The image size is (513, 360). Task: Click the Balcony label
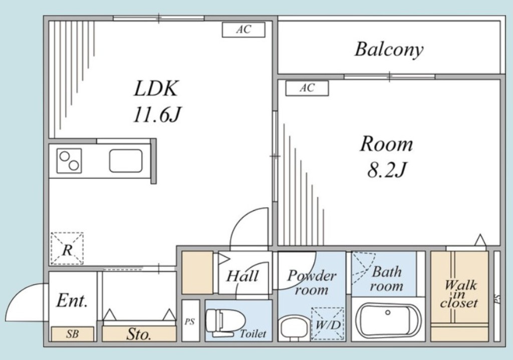click(389, 50)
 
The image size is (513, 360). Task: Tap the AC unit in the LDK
click(244, 30)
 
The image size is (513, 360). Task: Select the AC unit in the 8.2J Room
click(307, 88)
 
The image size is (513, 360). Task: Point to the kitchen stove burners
click(69, 161)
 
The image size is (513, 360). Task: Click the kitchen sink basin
click(126, 161)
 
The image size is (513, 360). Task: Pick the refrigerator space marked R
click(67, 248)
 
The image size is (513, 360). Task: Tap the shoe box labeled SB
click(72, 334)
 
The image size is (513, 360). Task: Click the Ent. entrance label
click(72, 301)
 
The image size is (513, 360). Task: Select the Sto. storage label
click(139, 334)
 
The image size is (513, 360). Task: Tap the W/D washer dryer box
click(328, 324)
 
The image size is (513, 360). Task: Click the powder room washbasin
click(293, 329)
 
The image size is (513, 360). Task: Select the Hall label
click(243, 276)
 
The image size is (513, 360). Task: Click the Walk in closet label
click(459, 294)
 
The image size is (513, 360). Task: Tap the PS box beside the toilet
click(190, 321)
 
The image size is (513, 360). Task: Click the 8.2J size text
click(386, 169)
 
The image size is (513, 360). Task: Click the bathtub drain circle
click(388, 312)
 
